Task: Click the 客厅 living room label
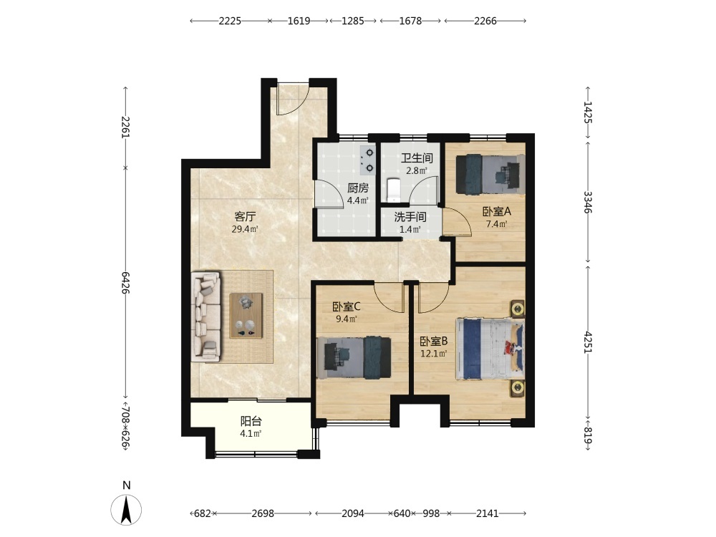[245, 216]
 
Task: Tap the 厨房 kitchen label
[358, 188]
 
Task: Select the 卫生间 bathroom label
[417, 158]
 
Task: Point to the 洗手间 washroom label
[410, 217]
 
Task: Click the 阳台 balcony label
[251, 422]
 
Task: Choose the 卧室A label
[497, 212]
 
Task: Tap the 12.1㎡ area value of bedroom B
[433, 354]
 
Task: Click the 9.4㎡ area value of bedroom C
[347, 319]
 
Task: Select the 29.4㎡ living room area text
[245, 229]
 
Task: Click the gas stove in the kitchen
[367, 160]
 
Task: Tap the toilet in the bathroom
[393, 190]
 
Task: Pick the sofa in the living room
[206, 316]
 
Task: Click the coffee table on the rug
[246, 316]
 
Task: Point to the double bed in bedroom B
[490, 349]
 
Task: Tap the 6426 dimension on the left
[126, 283]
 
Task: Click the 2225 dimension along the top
[230, 21]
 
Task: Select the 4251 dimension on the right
[588, 342]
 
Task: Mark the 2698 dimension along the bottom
[263, 513]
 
